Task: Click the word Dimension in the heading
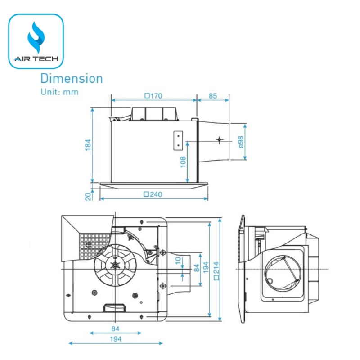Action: pos(72,78)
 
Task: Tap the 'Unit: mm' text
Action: pos(59,92)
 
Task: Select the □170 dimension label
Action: pos(153,95)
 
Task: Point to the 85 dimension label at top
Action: pos(213,95)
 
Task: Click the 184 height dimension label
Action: pos(88,144)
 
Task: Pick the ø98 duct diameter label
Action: pos(241,142)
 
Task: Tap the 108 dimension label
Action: pos(183,162)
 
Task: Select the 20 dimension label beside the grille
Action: pos(88,196)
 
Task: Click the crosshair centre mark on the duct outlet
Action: pos(219,140)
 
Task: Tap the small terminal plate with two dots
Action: pos(178,140)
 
